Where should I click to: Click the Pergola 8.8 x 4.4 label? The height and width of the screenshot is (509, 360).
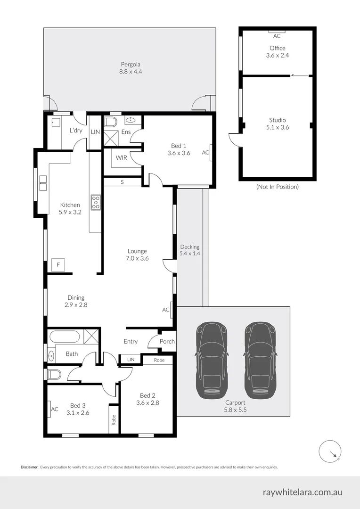[x=131, y=68]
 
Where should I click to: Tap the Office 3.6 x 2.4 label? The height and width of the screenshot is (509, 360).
[x=278, y=51]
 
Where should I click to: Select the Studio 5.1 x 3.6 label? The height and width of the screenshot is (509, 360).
[x=278, y=123]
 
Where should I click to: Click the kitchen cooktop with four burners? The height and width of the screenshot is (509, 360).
[x=96, y=202]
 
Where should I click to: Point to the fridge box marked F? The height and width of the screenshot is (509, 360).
[x=58, y=265]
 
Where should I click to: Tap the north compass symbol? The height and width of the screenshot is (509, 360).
[x=330, y=452]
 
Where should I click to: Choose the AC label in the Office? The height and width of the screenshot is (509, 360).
[x=277, y=36]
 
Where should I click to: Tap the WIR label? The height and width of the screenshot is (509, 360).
[x=121, y=157]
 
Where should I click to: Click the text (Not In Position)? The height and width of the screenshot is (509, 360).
[x=277, y=187]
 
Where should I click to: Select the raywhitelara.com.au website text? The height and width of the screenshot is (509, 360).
[x=303, y=493]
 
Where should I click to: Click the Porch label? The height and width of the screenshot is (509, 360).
[x=167, y=342]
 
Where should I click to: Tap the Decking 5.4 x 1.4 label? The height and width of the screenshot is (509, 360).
[x=189, y=250]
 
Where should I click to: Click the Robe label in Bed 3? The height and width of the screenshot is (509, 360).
[x=114, y=419]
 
